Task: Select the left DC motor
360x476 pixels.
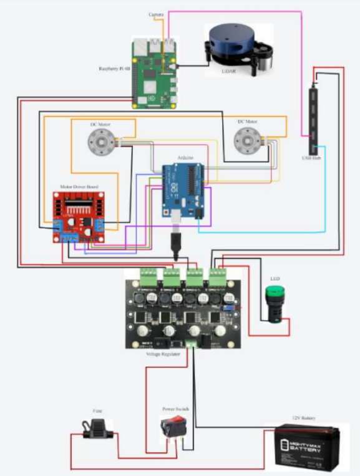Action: [99, 143]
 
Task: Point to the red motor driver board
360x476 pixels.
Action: [79, 217]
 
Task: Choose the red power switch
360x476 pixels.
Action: [172, 430]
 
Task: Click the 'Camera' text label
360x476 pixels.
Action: [157, 14]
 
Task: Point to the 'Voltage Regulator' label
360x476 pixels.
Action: [163, 354]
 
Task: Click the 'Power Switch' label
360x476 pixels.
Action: [175, 409]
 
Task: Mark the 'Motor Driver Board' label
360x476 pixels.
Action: [78, 186]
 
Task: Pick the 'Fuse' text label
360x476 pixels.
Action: [98, 411]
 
